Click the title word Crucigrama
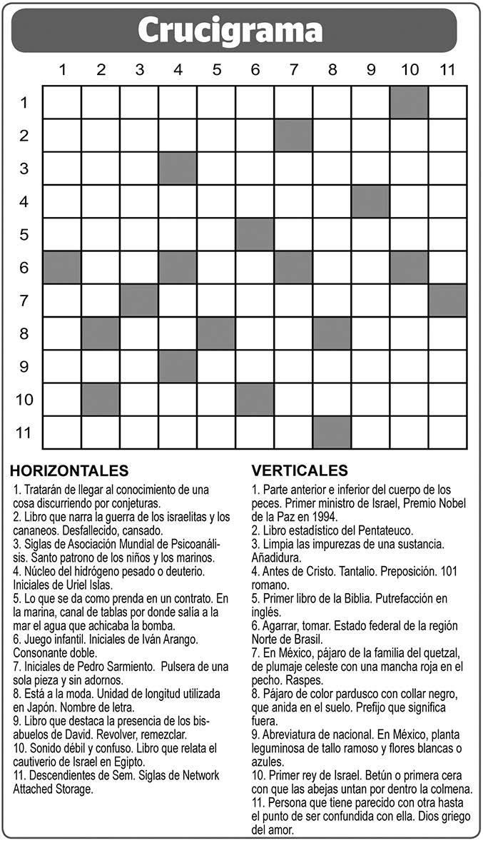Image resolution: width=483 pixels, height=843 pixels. coord(230,31)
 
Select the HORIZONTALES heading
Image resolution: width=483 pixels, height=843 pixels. coord(70,471)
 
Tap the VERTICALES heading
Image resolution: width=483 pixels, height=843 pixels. coord(300,471)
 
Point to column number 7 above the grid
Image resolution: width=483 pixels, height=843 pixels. coord(293,70)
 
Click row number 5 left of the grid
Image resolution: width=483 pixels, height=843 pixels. coord(24,234)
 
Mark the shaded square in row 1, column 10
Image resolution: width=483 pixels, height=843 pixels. coord(409,102)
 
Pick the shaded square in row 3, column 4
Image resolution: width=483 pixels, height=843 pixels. coord(178,168)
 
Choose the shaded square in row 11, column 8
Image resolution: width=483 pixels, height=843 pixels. coord(332,432)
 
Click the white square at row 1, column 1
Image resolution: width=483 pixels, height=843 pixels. coord(62,102)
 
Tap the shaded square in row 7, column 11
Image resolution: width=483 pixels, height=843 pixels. coord(447,300)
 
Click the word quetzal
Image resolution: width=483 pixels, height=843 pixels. coord(438,653)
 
